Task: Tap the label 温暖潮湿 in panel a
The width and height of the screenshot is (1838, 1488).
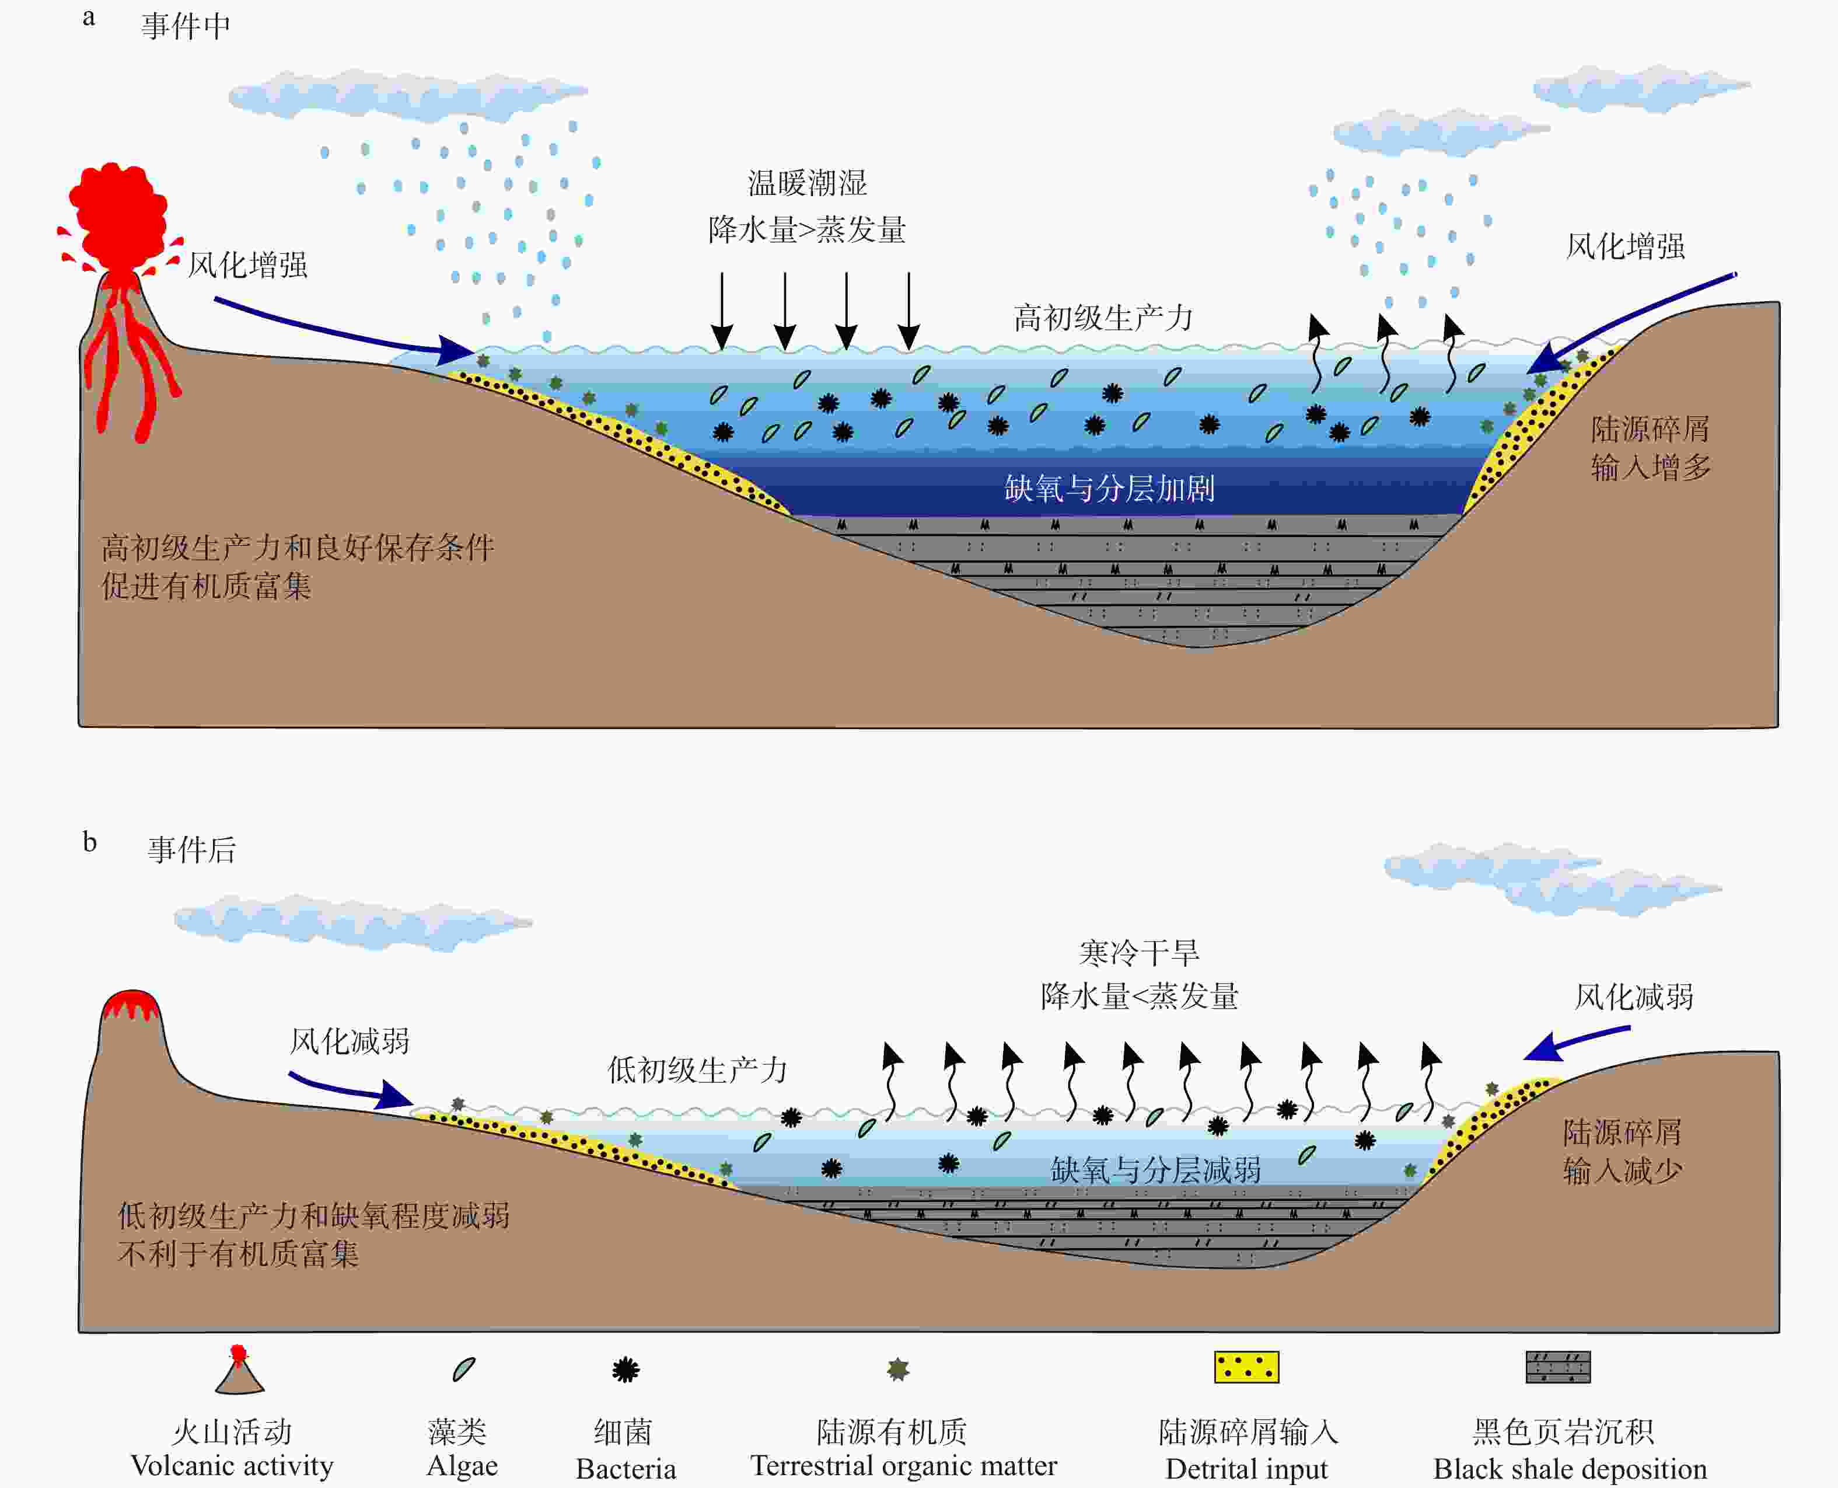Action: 807,183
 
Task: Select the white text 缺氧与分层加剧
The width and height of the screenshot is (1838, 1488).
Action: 1109,489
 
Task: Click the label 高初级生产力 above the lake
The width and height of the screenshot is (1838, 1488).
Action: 1103,318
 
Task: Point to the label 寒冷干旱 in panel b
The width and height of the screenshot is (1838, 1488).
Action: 1139,952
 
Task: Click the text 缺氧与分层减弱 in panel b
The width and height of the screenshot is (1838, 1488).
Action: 1155,1170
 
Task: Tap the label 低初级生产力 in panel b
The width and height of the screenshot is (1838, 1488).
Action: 697,1069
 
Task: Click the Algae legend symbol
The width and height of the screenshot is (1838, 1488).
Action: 463,1369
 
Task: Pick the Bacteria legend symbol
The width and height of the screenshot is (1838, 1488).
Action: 626,1369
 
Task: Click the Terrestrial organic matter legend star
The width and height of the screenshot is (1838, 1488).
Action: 898,1369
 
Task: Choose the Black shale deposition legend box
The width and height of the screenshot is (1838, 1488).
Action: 1558,1367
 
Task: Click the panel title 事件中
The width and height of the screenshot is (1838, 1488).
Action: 186,27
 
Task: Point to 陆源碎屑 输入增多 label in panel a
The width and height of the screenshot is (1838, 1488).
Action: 1650,447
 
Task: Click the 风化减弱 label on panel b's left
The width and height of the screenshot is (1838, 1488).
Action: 350,1041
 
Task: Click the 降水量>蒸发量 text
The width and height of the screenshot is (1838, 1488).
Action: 807,230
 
